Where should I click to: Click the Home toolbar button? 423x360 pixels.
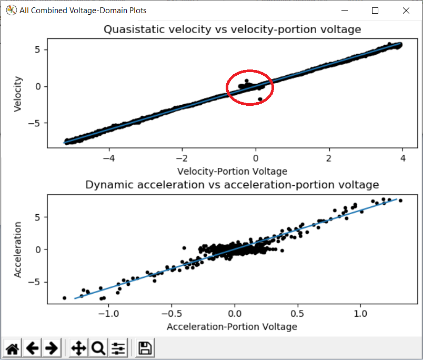[13, 348]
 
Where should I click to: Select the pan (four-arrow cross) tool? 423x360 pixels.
[78, 348]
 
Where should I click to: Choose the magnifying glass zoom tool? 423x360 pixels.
[98, 348]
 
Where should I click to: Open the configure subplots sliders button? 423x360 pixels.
[119, 348]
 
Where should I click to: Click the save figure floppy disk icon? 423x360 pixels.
[145, 348]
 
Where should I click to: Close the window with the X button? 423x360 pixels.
[406, 11]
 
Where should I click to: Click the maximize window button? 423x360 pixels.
[375, 11]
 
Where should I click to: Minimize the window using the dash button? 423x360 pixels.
[345, 11]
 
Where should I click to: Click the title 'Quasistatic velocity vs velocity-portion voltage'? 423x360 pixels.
[232, 29]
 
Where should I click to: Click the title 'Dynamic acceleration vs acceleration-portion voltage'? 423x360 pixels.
[232, 185]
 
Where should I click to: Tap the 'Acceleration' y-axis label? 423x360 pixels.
[18, 249]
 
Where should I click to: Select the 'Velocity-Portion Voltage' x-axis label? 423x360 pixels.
[232, 171]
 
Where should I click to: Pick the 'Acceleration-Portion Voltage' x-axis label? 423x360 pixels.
[232, 327]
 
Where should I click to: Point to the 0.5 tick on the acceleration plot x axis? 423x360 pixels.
[298, 314]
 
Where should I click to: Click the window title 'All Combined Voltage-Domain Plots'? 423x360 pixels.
[83, 11]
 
